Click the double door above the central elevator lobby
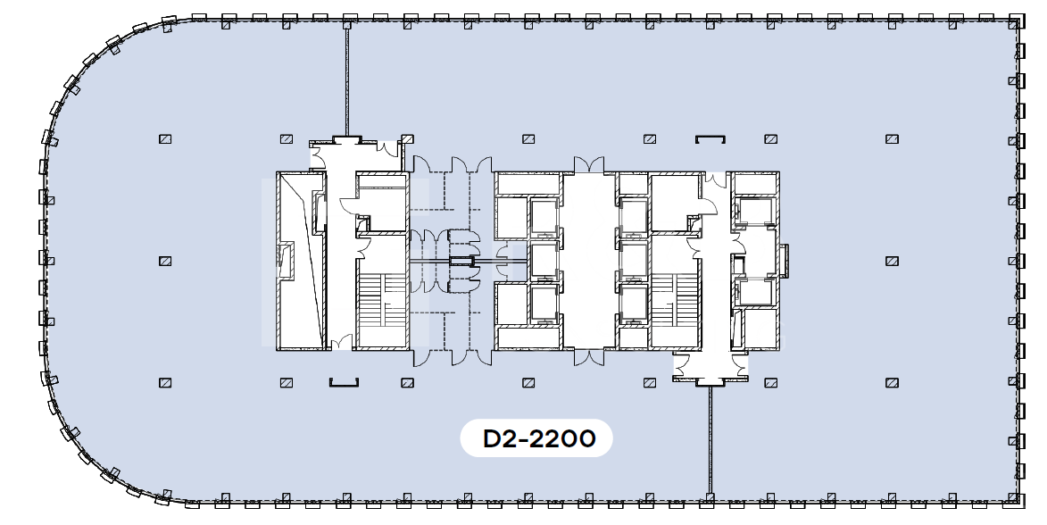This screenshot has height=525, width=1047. click(589, 165)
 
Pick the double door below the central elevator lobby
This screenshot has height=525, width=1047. click(589, 357)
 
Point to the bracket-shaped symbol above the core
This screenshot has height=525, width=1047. click(710, 139)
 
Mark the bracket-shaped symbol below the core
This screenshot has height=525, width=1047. click(345, 383)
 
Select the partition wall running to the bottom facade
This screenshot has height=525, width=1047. click(710, 441)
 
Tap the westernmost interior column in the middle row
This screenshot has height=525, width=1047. click(165, 262)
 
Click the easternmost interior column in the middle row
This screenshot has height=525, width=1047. click(892, 262)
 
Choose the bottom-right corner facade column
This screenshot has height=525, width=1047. click(1016, 498)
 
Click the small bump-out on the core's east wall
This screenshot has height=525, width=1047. click(785, 261)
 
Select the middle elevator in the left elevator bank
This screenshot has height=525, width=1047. click(544, 259)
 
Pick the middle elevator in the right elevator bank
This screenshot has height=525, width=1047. click(634, 259)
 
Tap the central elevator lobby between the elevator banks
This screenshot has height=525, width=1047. click(589, 261)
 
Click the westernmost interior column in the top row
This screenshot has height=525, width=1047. click(165, 139)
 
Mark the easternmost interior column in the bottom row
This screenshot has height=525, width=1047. click(892, 383)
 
